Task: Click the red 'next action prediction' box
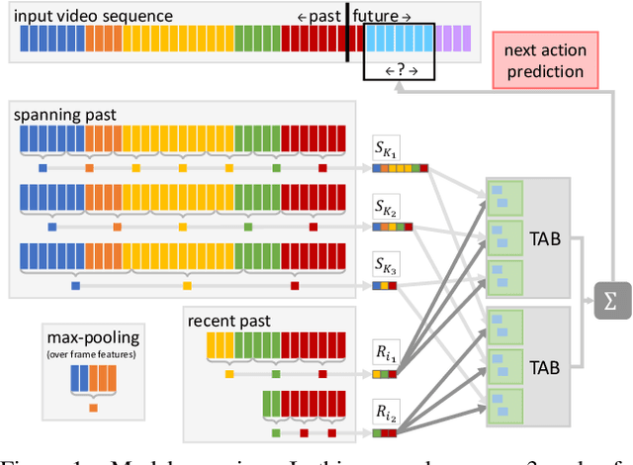pyautogui.click(x=543, y=60)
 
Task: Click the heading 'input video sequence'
pyautogui.click(x=95, y=16)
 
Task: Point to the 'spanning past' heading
pyautogui.click(x=64, y=115)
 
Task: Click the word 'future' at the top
pyautogui.click(x=377, y=16)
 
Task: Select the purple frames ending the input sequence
pyautogui.click(x=452, y=40)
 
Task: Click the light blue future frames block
pyautogui.click(x=401, y=40)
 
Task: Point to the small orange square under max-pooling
pyautogui.click(x=92, y=408)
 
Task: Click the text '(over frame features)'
pyautogui.click(x=91, y=353)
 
